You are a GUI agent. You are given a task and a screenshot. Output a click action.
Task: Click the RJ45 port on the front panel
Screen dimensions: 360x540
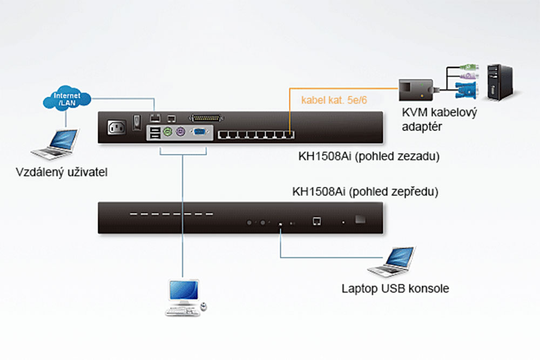click(x=317, y=220)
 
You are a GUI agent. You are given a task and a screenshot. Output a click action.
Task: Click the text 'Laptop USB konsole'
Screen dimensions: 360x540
click(x=395, y=288)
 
